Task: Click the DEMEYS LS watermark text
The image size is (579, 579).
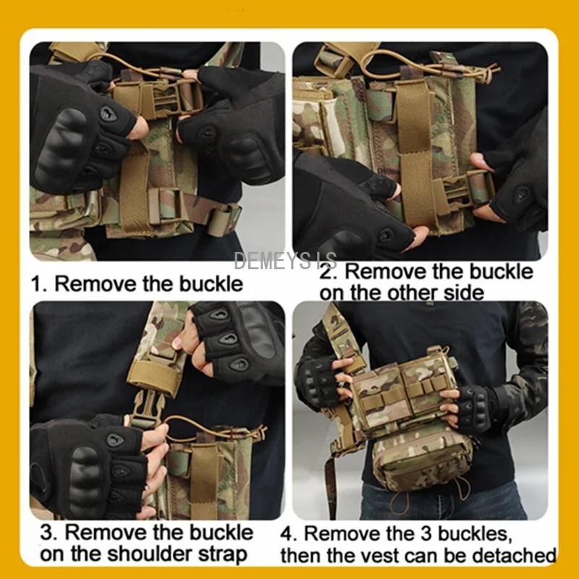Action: tap(285, 261)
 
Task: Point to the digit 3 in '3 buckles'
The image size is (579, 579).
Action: tap(426, 533)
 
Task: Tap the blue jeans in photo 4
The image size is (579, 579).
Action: tap(443, 502)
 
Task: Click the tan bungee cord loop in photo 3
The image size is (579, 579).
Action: tap(214, 426)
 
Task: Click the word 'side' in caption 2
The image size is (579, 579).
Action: tap(464, 293)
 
